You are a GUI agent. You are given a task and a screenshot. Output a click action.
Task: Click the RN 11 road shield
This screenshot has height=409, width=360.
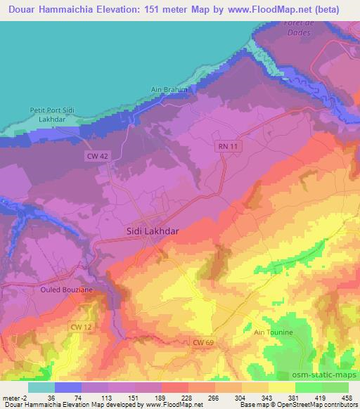coord(224,145)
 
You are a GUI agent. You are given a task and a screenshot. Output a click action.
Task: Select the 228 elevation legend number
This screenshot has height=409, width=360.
coord(187,397)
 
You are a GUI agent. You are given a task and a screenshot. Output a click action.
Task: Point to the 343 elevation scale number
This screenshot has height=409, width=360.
coord(268,397)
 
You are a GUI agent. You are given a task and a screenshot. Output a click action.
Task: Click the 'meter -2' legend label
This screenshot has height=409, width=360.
coord(14,397)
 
